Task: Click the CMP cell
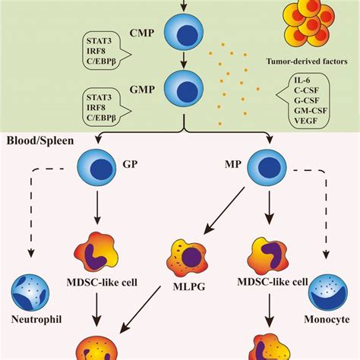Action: [184, 33]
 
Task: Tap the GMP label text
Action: [142, 90]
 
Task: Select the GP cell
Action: [96, 168]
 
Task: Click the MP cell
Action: [267, 168]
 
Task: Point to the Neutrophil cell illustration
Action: [30, 292]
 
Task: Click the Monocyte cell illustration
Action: [328, 292]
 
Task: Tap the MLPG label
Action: [189, 286]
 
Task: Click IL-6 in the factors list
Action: [302, 81]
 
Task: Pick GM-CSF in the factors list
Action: [311, 111]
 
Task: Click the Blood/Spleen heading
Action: [40, 141]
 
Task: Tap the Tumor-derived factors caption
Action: [307, 62]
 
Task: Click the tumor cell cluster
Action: [309, 24]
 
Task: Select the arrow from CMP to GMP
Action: [184, 60]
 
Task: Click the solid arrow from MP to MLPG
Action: [224, 210]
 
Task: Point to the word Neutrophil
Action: [36, 320]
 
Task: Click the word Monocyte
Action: [327, 319]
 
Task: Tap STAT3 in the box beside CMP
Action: [99, 41]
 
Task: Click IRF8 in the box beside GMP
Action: [96, 108]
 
